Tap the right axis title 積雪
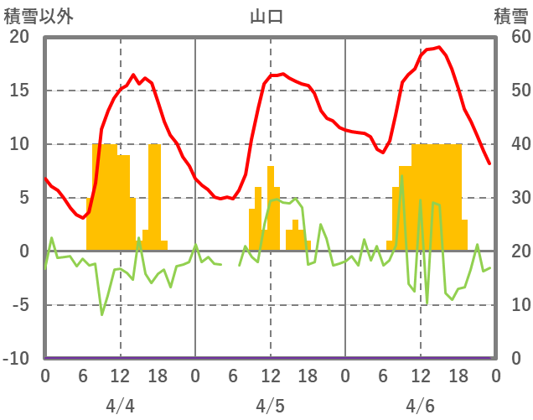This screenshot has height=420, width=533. pyautogui.click(x=510, y=15)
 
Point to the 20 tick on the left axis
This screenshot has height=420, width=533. pyautogui.click(x=18, y=37)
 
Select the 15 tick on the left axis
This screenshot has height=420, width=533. pyautogui.click(x=18, y=91)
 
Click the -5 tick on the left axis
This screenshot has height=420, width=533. pyautogui.click(x=18, y=305)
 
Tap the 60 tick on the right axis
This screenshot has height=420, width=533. pyautogui.click(x=512, y=37)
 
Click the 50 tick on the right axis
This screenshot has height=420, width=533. pyautogui.click(x=512, y=91)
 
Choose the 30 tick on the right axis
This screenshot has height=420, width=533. pyautogui.click(x=512, y=198)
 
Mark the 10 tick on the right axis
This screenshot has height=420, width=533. pyautogui.click(x=512, y=305)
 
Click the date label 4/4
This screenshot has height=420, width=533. pyautogui.click(x=120, y=406)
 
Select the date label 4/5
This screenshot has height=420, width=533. pyautogui.click(x=270, y=406)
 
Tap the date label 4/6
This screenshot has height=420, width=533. pyautogui.click(x=420, y=406)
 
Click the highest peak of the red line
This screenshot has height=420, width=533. pyautogui.click(x=438, y=47)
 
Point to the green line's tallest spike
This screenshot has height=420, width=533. pyautogui.click(x=401, y=175)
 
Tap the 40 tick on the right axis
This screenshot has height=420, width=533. pyautogui.click(x=512, y=144)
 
